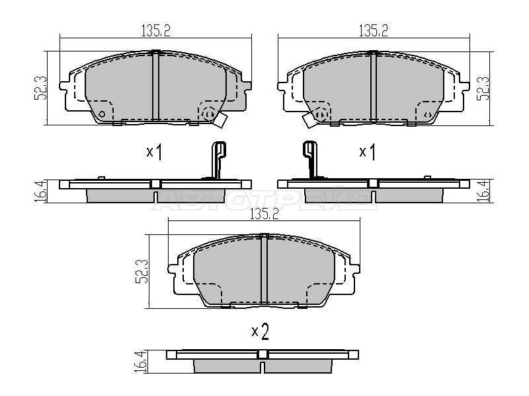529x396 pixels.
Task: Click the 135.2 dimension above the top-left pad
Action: click(155, 30)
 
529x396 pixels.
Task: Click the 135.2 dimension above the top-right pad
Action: click(373, 30)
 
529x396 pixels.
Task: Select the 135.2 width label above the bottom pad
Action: click(264, 214)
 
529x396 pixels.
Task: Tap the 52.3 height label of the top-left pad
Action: click(40, 88)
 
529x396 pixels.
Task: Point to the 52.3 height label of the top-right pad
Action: click(483, 88)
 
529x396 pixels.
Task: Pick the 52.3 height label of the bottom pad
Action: click(142, 271)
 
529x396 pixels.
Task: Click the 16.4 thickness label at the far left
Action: click(40, 191)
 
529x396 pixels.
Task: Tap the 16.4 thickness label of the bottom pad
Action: click(141, 361)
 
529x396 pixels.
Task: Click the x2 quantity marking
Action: click(260, 332)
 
